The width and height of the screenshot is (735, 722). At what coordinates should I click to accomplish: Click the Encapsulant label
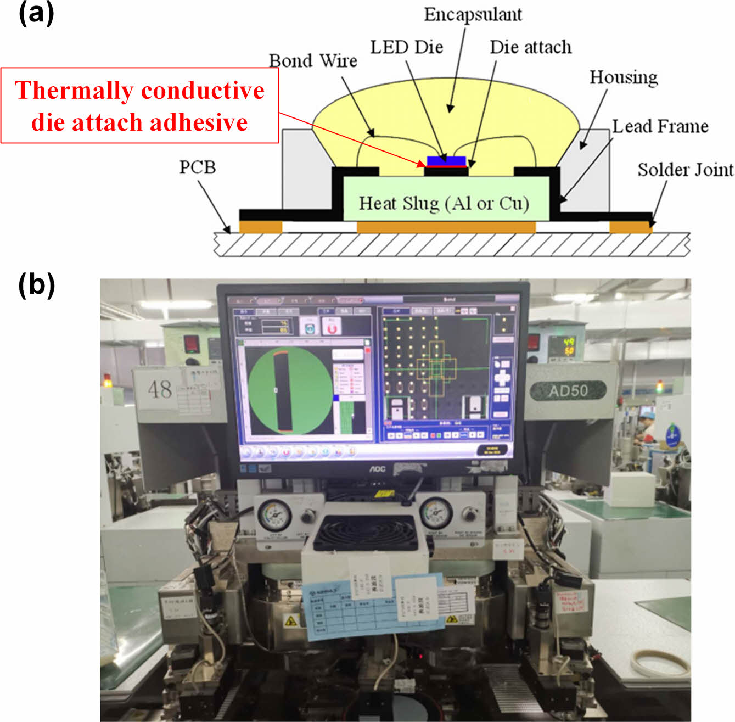click(473, 15)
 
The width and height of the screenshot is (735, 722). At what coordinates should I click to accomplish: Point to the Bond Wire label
click(313, 60)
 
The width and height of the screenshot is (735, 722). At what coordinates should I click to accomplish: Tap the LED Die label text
click(406, 47)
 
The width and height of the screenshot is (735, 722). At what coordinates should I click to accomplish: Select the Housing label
click(624, 77)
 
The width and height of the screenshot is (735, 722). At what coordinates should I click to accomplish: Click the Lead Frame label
click(660, 126)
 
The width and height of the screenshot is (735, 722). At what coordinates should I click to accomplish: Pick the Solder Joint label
click(685, 170)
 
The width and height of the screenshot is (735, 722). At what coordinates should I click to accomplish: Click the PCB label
click(198, 166)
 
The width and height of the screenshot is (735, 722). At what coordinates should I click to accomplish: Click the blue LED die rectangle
click(446, 161)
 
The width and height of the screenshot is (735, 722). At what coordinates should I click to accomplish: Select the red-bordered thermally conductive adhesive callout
click(139, 106)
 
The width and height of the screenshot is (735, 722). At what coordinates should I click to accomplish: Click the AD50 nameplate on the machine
click(568, 390)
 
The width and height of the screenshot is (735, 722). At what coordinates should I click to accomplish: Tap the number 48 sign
click(160, 389)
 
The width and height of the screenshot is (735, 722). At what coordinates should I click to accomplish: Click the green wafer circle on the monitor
click(289, 390)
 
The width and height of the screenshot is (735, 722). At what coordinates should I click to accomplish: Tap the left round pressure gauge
click(274, 514)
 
